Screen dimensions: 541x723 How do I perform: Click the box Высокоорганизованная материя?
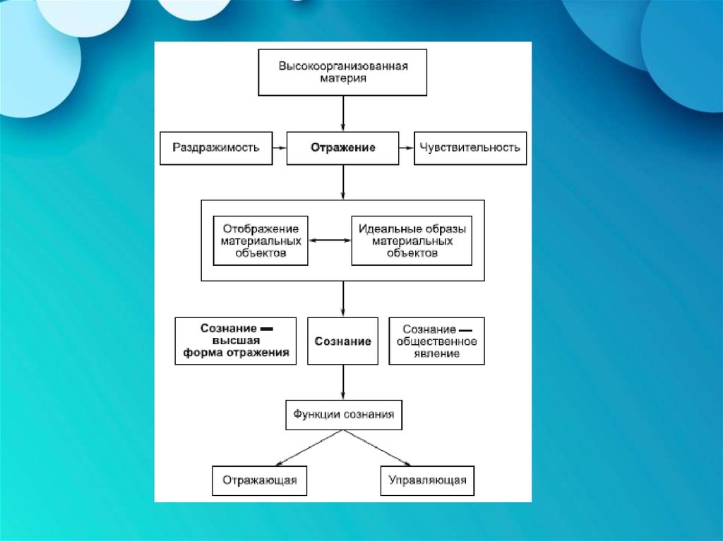click(343, 73)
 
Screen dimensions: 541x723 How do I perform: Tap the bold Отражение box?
click(343, 148)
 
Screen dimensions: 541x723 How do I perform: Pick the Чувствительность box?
click(470, 148)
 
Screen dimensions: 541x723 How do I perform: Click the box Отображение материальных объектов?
click(261, 241)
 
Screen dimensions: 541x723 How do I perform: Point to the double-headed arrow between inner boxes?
click(330, 241)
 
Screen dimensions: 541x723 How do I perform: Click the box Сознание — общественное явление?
click(437, 341)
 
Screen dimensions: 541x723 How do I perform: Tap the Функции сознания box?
click(343, 415)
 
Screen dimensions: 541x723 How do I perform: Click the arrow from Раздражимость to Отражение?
click(279, 148)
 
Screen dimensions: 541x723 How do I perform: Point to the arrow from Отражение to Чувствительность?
click(407, 148)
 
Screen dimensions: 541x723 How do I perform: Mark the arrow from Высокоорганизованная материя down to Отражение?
click(343, 113)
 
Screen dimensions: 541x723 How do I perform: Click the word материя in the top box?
click(343, 79)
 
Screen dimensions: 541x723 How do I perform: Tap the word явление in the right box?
click(437, 353)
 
